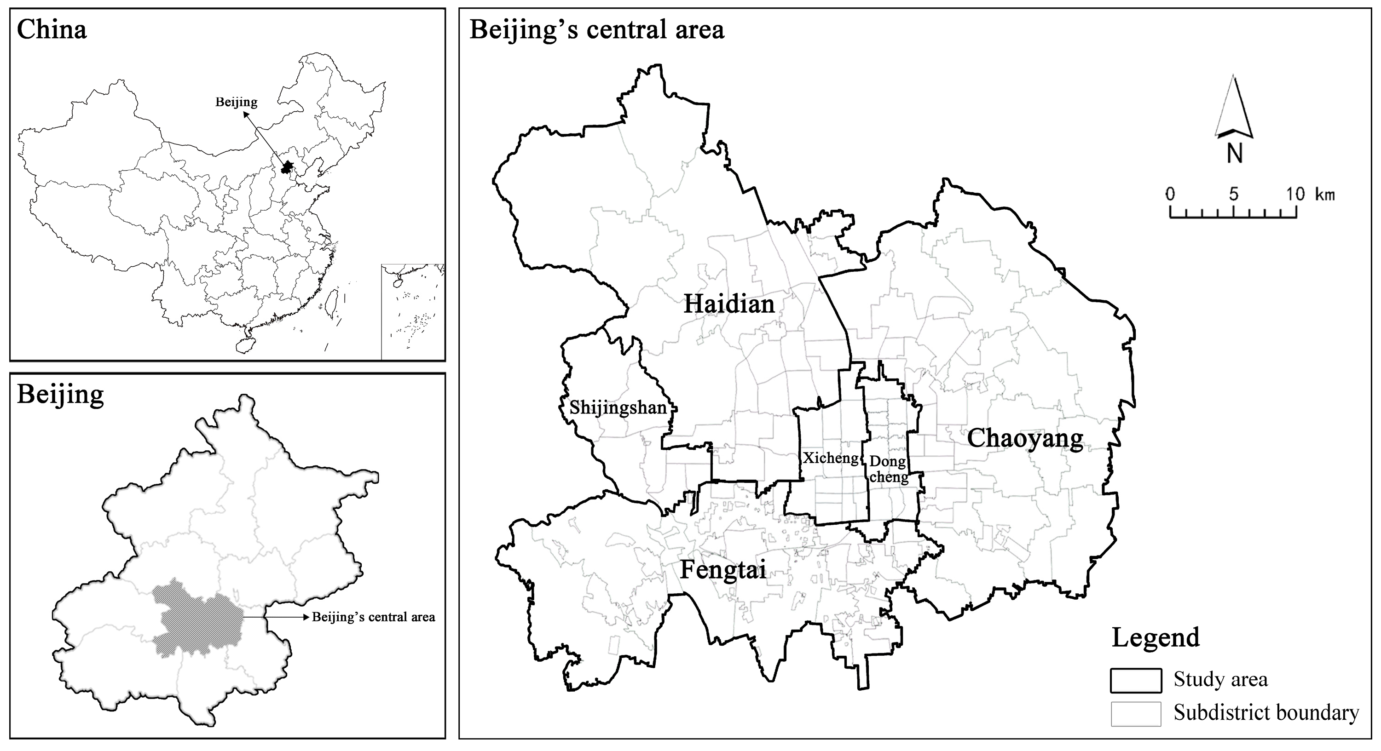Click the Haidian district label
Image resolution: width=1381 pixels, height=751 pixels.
pyautogui.click(x=729, y=305)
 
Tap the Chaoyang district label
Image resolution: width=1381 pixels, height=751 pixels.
pyautogui.click(x=1024, y=439)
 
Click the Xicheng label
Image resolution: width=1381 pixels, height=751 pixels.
pyautogui.click(x=831, y=458)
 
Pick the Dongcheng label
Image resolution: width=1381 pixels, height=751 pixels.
pyautogui.click(x=888, y=469)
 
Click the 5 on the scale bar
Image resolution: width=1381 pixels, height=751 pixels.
pyautogui.click(x=1234, y=194)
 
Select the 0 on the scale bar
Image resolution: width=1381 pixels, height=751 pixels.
pyautogui.click(x=1170, y=194)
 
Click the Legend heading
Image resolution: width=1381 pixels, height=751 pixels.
pyautogui.click(x=1156, y=637)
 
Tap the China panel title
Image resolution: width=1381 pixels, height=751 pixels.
pyautogui.click(x=52, y=29)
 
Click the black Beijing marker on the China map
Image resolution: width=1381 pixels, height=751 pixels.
pyautogui.click(x=288, y=167)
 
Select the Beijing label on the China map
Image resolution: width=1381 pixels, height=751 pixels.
pyautogui.click(x=237, y=102)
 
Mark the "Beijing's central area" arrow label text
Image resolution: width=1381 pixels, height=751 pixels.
pyautogui.click(x=374, y=617)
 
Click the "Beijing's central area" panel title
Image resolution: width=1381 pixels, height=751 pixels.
pyautogui.click(x=597, y=29)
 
